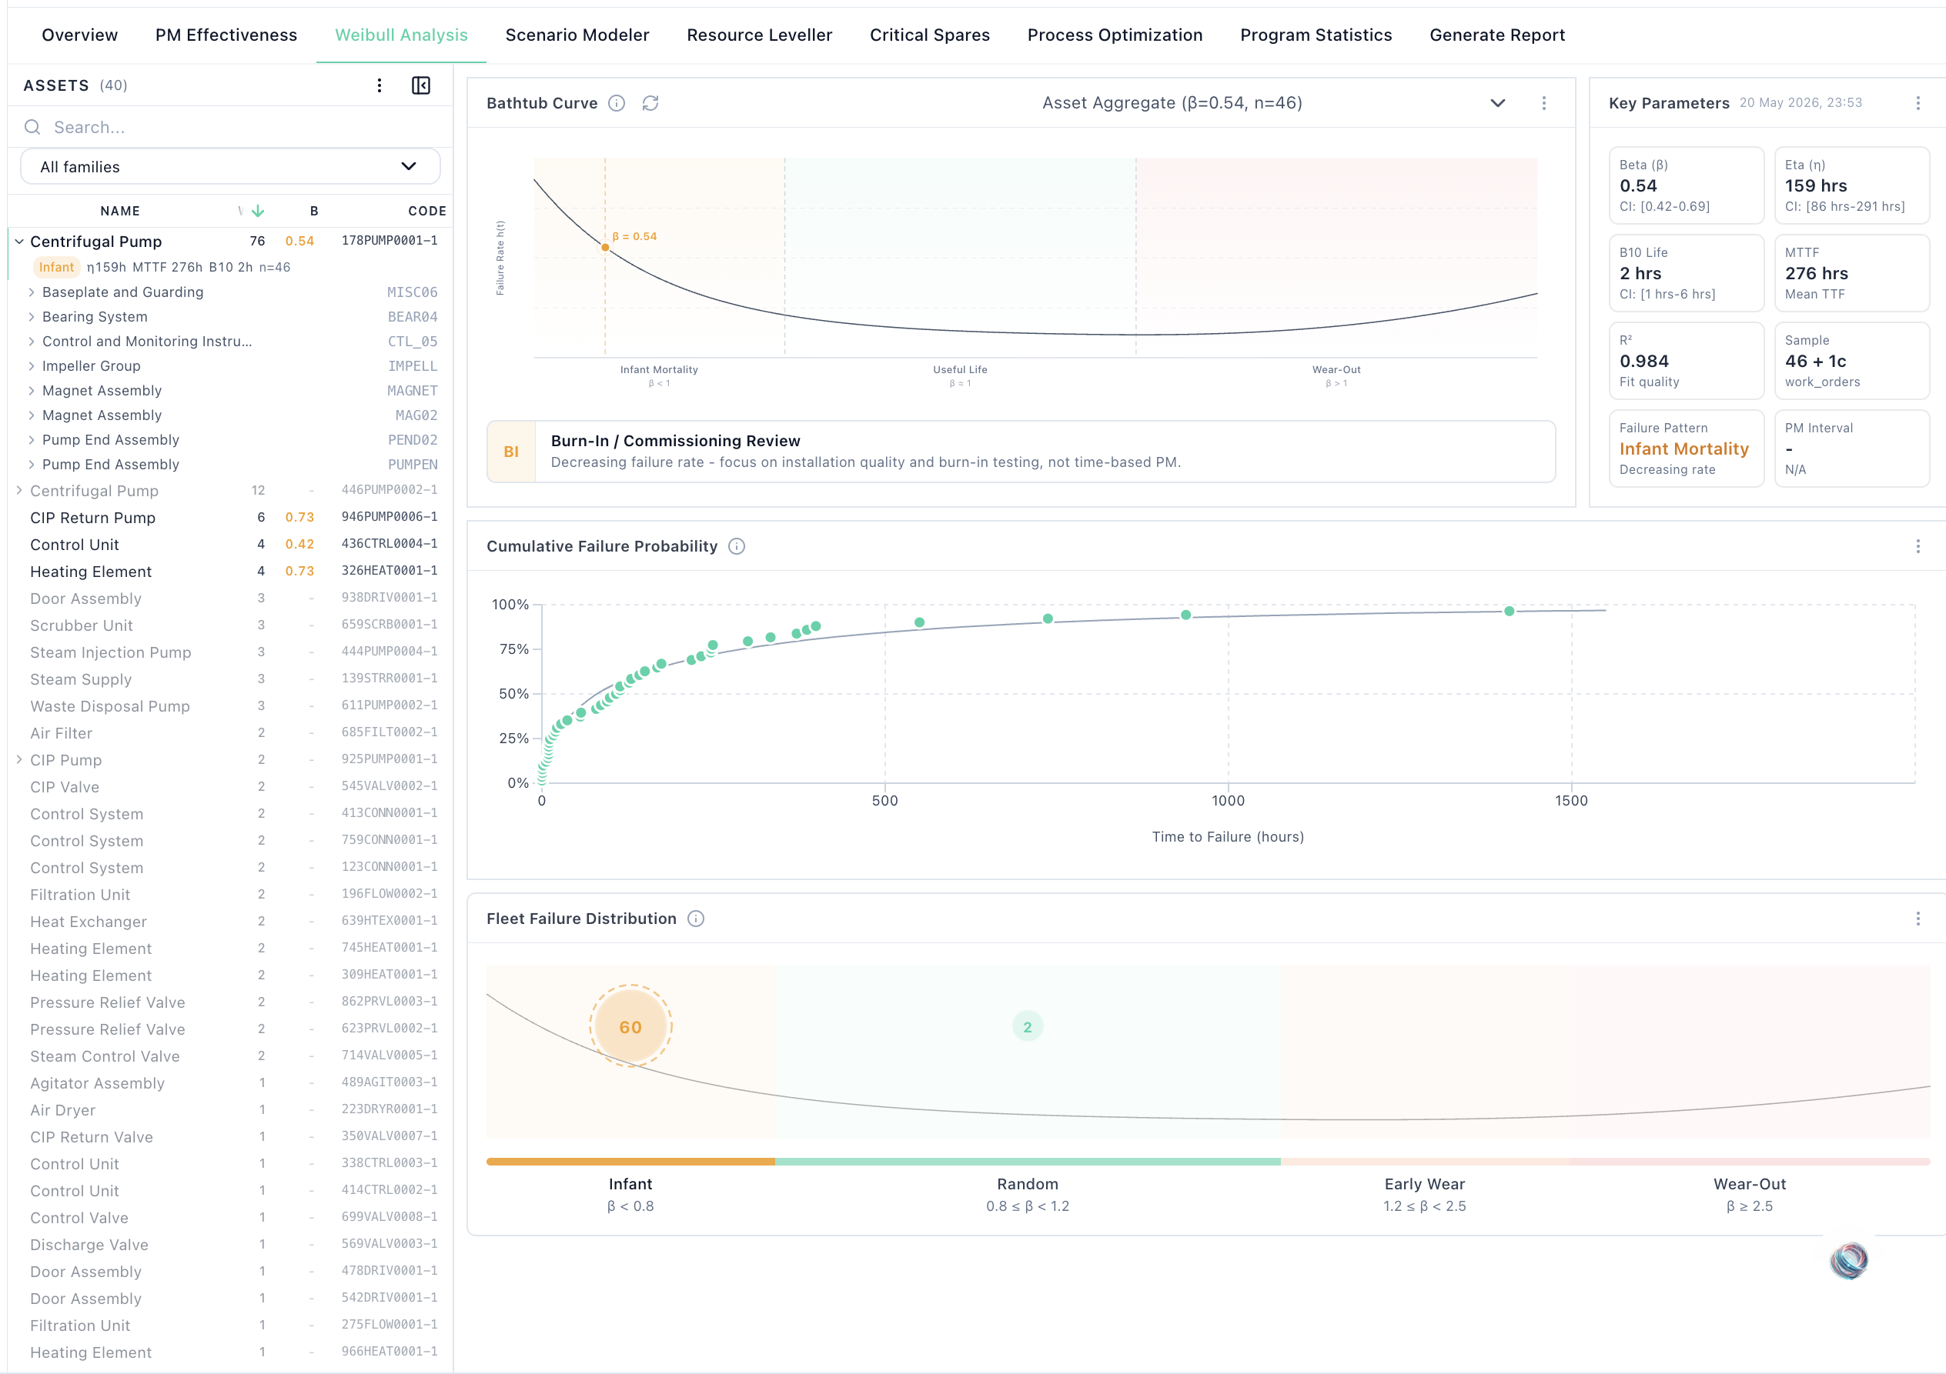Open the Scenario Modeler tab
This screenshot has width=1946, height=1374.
click(577, 35)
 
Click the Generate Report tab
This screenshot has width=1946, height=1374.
click(1496, 35)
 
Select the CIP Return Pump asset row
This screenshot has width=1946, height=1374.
click(93, 518)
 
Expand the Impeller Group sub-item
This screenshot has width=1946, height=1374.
click(32, 366)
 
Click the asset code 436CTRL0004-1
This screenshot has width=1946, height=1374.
click(389, 544)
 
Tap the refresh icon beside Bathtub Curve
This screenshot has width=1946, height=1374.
click(650, 103)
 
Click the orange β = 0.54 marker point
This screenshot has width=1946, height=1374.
click(605, 248)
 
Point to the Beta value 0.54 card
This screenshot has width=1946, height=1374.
click(1686, 185)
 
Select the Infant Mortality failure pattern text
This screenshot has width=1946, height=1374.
click(1684, 449)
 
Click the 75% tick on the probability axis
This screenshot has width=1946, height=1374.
click(513, 649)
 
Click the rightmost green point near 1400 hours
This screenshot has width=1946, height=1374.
click(1509, 611)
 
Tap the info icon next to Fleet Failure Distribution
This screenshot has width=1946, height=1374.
click(696, 919)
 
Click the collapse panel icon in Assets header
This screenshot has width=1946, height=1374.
click(421, 85)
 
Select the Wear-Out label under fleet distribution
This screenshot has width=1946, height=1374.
click(1750, 1184)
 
